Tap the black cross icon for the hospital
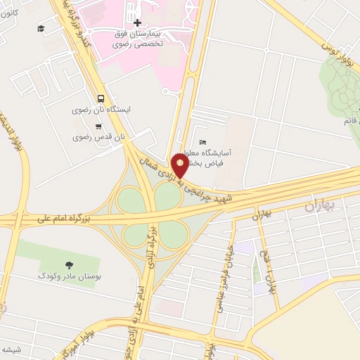tap(137, 22)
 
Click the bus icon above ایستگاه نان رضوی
tap(102, 99)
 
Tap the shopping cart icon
tap(98, 127)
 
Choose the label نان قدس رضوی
tap(100, 137)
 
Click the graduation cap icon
tap(41, 28)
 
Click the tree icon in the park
tap(68, 264)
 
